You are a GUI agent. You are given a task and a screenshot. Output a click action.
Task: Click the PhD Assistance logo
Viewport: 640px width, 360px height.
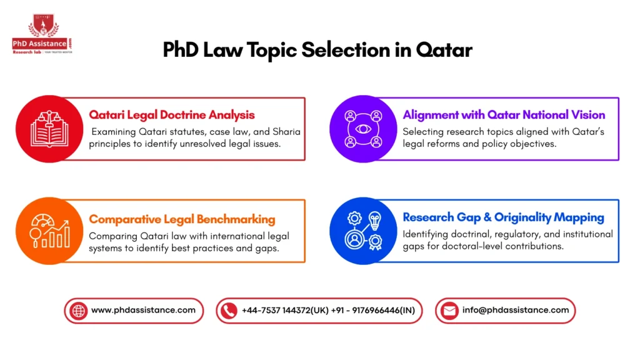click(43, 36)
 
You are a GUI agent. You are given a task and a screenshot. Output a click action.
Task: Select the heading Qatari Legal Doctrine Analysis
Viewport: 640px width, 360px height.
click(172, 114)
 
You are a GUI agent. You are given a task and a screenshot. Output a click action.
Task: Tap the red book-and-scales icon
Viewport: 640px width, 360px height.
click(48, 128)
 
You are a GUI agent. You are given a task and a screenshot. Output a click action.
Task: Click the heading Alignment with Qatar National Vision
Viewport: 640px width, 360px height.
click(504, 114)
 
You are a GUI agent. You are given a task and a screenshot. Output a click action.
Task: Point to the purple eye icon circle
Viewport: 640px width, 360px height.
click(362, 128)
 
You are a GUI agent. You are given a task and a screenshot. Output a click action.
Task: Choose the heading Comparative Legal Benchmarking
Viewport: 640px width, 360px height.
click(182, 219)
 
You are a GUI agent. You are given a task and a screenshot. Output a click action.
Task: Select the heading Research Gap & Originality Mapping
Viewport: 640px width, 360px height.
click(503, 217)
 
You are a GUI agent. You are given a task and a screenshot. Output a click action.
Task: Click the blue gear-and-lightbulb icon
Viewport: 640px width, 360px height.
click(362, 231)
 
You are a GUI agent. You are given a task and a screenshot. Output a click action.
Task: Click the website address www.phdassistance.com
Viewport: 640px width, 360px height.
click(143, 310)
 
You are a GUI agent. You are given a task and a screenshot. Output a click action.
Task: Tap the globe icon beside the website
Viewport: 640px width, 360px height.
click(79, 311)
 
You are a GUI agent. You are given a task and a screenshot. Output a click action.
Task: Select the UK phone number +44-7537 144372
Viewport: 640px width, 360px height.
click(282, 310)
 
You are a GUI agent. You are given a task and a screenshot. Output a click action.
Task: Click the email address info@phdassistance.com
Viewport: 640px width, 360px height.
click(516, 310)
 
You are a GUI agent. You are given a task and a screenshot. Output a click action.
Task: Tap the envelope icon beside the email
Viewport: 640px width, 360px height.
click(449, 311)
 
